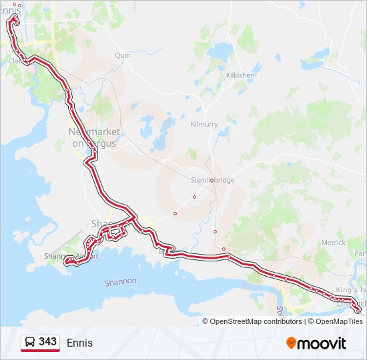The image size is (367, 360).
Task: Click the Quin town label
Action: point(122,56)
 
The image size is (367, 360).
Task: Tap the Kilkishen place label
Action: point(240,75)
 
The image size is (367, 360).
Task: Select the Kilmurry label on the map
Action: point(204,125)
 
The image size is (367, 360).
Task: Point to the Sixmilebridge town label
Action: point(211,180)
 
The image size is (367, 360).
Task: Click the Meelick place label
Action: point(333,243)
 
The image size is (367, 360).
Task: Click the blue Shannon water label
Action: point(121,282)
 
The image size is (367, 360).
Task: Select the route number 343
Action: point(47,342)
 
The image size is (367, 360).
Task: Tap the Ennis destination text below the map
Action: point(79,343)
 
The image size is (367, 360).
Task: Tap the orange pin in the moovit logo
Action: point(292,343)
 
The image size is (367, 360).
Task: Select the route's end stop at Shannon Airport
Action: point(66,263)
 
